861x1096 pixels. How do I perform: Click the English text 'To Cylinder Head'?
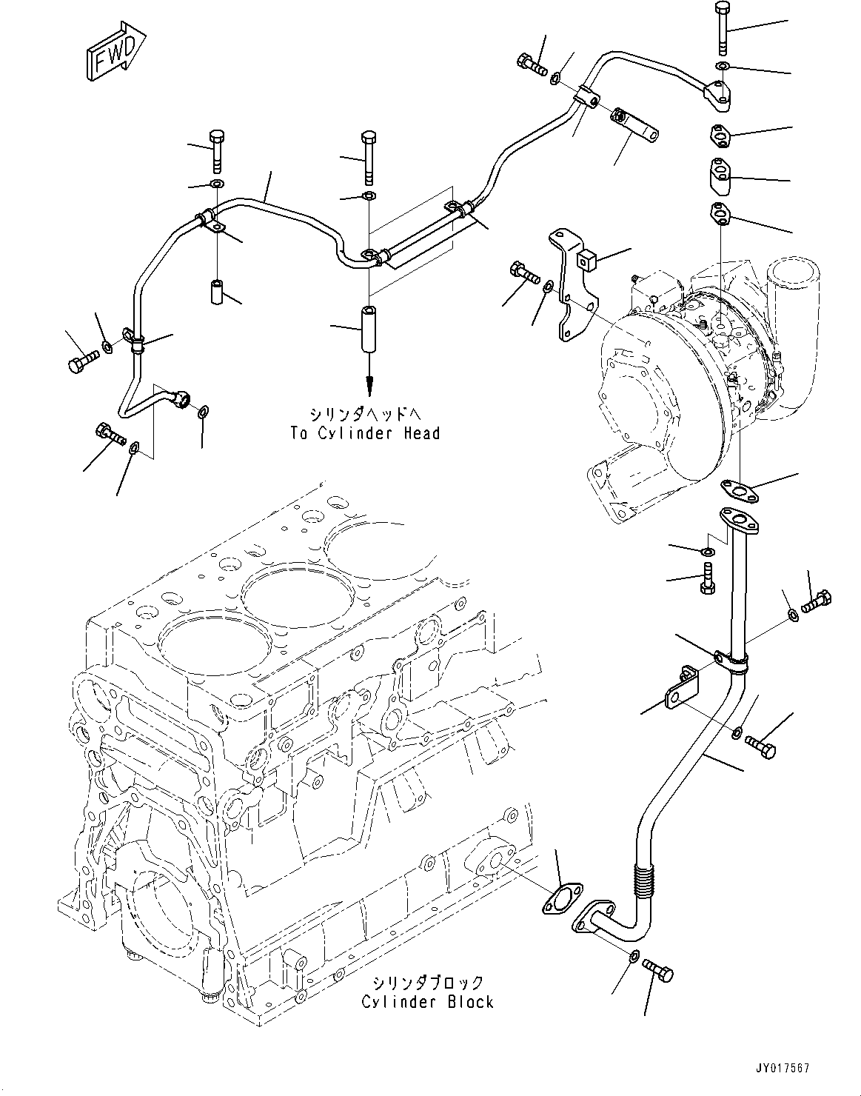click(x=365, y=433)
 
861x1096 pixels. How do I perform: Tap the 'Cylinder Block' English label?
click(x=427, y=1002)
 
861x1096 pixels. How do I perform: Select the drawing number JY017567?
click(x=784, y=1069)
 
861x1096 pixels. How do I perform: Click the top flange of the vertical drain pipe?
click(x=737, y=521)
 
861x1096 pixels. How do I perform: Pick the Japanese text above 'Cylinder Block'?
click(x=427, y=983)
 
